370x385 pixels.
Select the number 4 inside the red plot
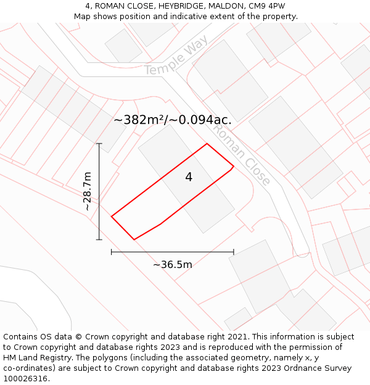pyautogui.click(x=189, y=177)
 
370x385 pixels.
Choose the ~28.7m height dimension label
pyautogui.click(x=88, y=192)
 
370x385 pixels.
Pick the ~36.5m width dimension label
pyautogui.click(x=173, y=265)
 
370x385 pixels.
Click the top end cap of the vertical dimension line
pyautogui.click(x=99, y=144)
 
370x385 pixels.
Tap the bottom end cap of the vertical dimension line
pyautogui.click(x=99, y=240)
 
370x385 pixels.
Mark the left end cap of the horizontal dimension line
pyautogui.click(x=111, y=252)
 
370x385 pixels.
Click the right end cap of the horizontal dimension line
pyautogui.click(x=234, y=252)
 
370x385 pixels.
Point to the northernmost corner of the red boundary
pyautogui.click(x=207, y=144)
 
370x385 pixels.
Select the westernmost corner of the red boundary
pyautogui.click(x=112, y=216)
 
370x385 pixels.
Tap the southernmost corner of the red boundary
pyautogui.click(x=134, y=239)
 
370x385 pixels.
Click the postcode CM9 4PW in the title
pyautogui.click(x=266, y=6)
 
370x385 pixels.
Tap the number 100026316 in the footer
pyautogui.click(x=25, y=379)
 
